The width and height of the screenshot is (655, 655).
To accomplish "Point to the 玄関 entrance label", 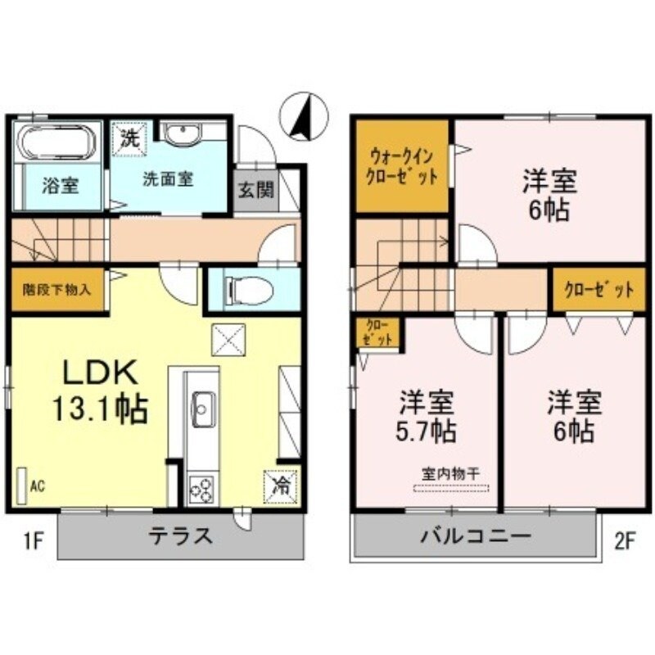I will coord(251,190).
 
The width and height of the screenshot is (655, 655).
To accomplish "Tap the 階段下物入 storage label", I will coord(57,289).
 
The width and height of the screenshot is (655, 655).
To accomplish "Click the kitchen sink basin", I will coord(202,404).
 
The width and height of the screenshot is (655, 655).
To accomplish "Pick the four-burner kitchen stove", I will coord(201,490).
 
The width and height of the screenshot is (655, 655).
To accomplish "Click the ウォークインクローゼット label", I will coord(401,165).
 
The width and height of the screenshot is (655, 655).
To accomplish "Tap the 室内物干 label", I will coord(450,473).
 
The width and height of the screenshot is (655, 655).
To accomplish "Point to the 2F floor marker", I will coord(625,540).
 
